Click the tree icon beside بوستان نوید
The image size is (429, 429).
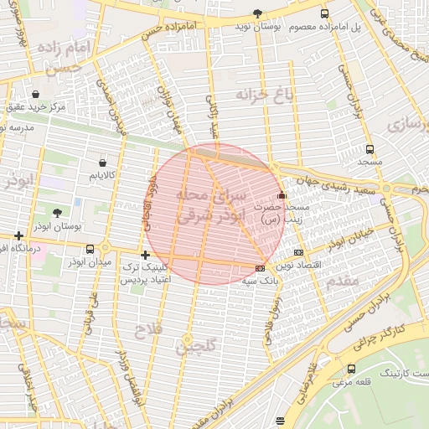pos(257,13)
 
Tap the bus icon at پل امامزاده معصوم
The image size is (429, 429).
pos(324,13)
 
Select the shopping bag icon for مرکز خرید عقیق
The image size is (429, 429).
pos(35,94)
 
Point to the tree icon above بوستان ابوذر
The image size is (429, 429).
pos(57,214)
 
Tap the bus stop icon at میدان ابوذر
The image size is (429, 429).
pos(90,249)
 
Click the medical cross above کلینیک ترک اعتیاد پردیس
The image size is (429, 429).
pos(146,254)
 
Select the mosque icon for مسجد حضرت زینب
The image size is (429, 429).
pos(281,195)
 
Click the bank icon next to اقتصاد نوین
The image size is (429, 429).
pos(299,252)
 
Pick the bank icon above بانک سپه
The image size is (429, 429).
pos(260,268)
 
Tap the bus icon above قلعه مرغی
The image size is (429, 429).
pos(350,369)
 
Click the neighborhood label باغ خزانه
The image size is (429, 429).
pos(267,95)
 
